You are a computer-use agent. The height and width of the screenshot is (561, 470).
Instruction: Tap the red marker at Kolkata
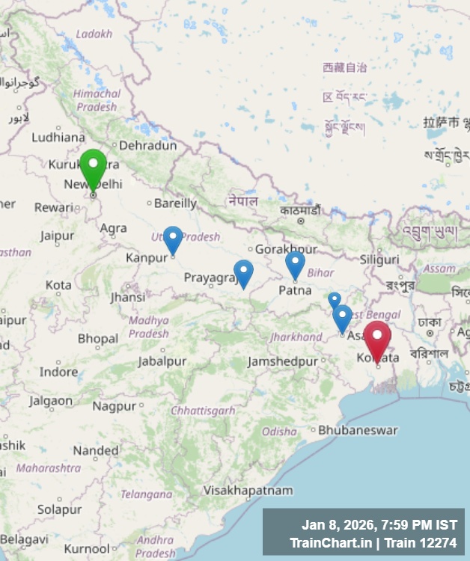377,339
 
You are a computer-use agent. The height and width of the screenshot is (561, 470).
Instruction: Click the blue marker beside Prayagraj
243,273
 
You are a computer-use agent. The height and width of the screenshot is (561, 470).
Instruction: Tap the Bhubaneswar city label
358,430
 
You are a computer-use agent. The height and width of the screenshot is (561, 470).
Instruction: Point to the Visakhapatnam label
248,491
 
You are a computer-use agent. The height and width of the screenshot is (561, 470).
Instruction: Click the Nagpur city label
115,405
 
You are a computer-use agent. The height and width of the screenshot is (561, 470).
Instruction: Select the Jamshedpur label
283,362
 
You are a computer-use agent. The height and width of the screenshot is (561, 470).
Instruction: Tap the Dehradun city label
148,145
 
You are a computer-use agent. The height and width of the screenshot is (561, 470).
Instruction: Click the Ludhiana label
58,137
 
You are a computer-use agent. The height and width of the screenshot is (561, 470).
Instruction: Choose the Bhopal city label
98,339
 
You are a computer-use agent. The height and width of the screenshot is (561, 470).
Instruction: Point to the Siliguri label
379,260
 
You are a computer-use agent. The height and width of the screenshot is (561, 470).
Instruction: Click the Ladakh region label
94,34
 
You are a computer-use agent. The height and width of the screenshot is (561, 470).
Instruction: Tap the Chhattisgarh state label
203,411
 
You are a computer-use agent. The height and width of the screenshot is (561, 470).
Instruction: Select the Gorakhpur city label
287,248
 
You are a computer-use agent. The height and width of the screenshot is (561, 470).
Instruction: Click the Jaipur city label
57,236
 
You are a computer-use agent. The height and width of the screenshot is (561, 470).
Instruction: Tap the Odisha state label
279,432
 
